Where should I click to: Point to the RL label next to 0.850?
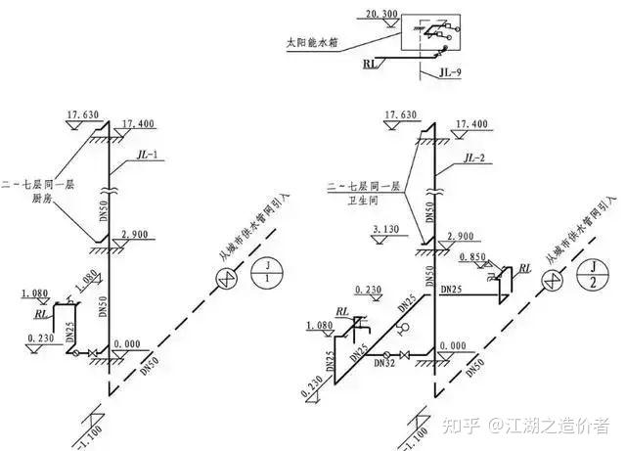point(525,268)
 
